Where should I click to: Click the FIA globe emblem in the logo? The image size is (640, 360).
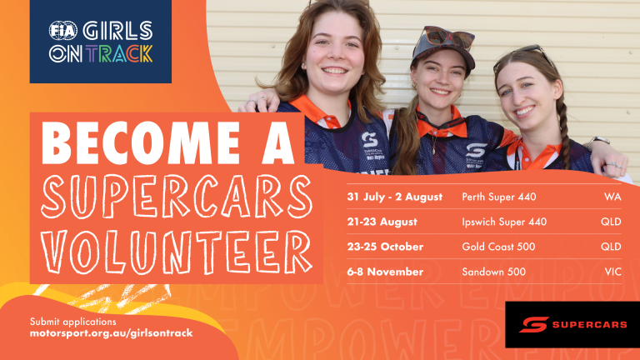62,31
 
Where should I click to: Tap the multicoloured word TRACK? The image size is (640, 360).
120,54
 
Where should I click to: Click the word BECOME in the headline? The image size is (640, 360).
141,142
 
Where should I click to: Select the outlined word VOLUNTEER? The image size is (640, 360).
177,252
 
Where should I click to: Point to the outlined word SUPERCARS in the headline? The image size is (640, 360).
177,197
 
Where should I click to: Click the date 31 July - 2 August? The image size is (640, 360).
395,197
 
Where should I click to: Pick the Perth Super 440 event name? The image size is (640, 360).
499,197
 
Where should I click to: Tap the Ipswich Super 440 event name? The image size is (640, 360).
504,222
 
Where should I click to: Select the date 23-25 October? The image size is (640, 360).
385,247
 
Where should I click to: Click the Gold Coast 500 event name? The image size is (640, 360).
498,247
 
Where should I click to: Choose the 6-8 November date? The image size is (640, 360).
385,272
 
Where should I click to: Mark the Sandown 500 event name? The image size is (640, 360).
493,272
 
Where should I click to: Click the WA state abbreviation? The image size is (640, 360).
612,197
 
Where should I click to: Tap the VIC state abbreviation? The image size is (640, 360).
613,272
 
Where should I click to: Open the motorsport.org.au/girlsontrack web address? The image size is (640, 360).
111,333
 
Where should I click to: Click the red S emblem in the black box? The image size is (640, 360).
534,324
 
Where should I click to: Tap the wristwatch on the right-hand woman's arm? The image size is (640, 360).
598,141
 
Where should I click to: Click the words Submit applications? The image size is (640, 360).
72,322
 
